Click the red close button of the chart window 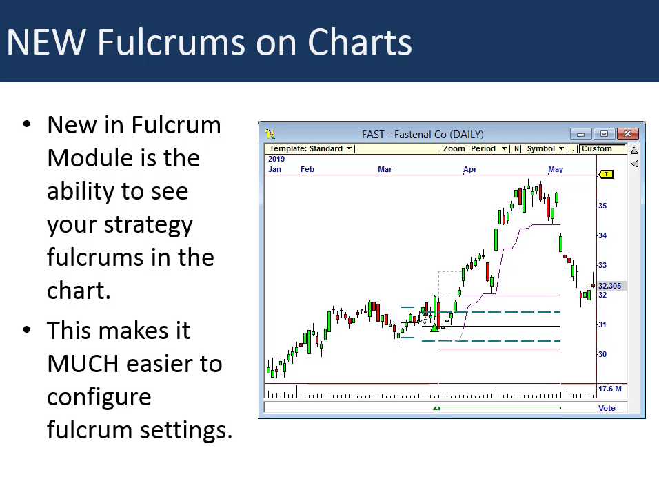pos(627,134)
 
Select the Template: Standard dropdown pos(310,148)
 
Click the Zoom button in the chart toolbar pos(454,148)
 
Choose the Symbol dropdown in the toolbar pos(545,148)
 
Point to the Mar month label pos(385,169)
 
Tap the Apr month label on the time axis pos(470,169)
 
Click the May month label pos(555,169)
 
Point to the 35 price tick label pos(602,206)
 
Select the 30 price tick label pos(602,354)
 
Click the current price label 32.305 pos(610,286)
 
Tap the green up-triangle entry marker pos(434,327)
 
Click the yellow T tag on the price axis pos(606,174)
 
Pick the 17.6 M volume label pos(610,389)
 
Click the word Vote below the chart pos(607,408)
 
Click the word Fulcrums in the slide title pos(172,42)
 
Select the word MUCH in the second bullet pos(83,364)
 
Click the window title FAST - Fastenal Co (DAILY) pos(423,134)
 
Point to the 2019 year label pos(276,159)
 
